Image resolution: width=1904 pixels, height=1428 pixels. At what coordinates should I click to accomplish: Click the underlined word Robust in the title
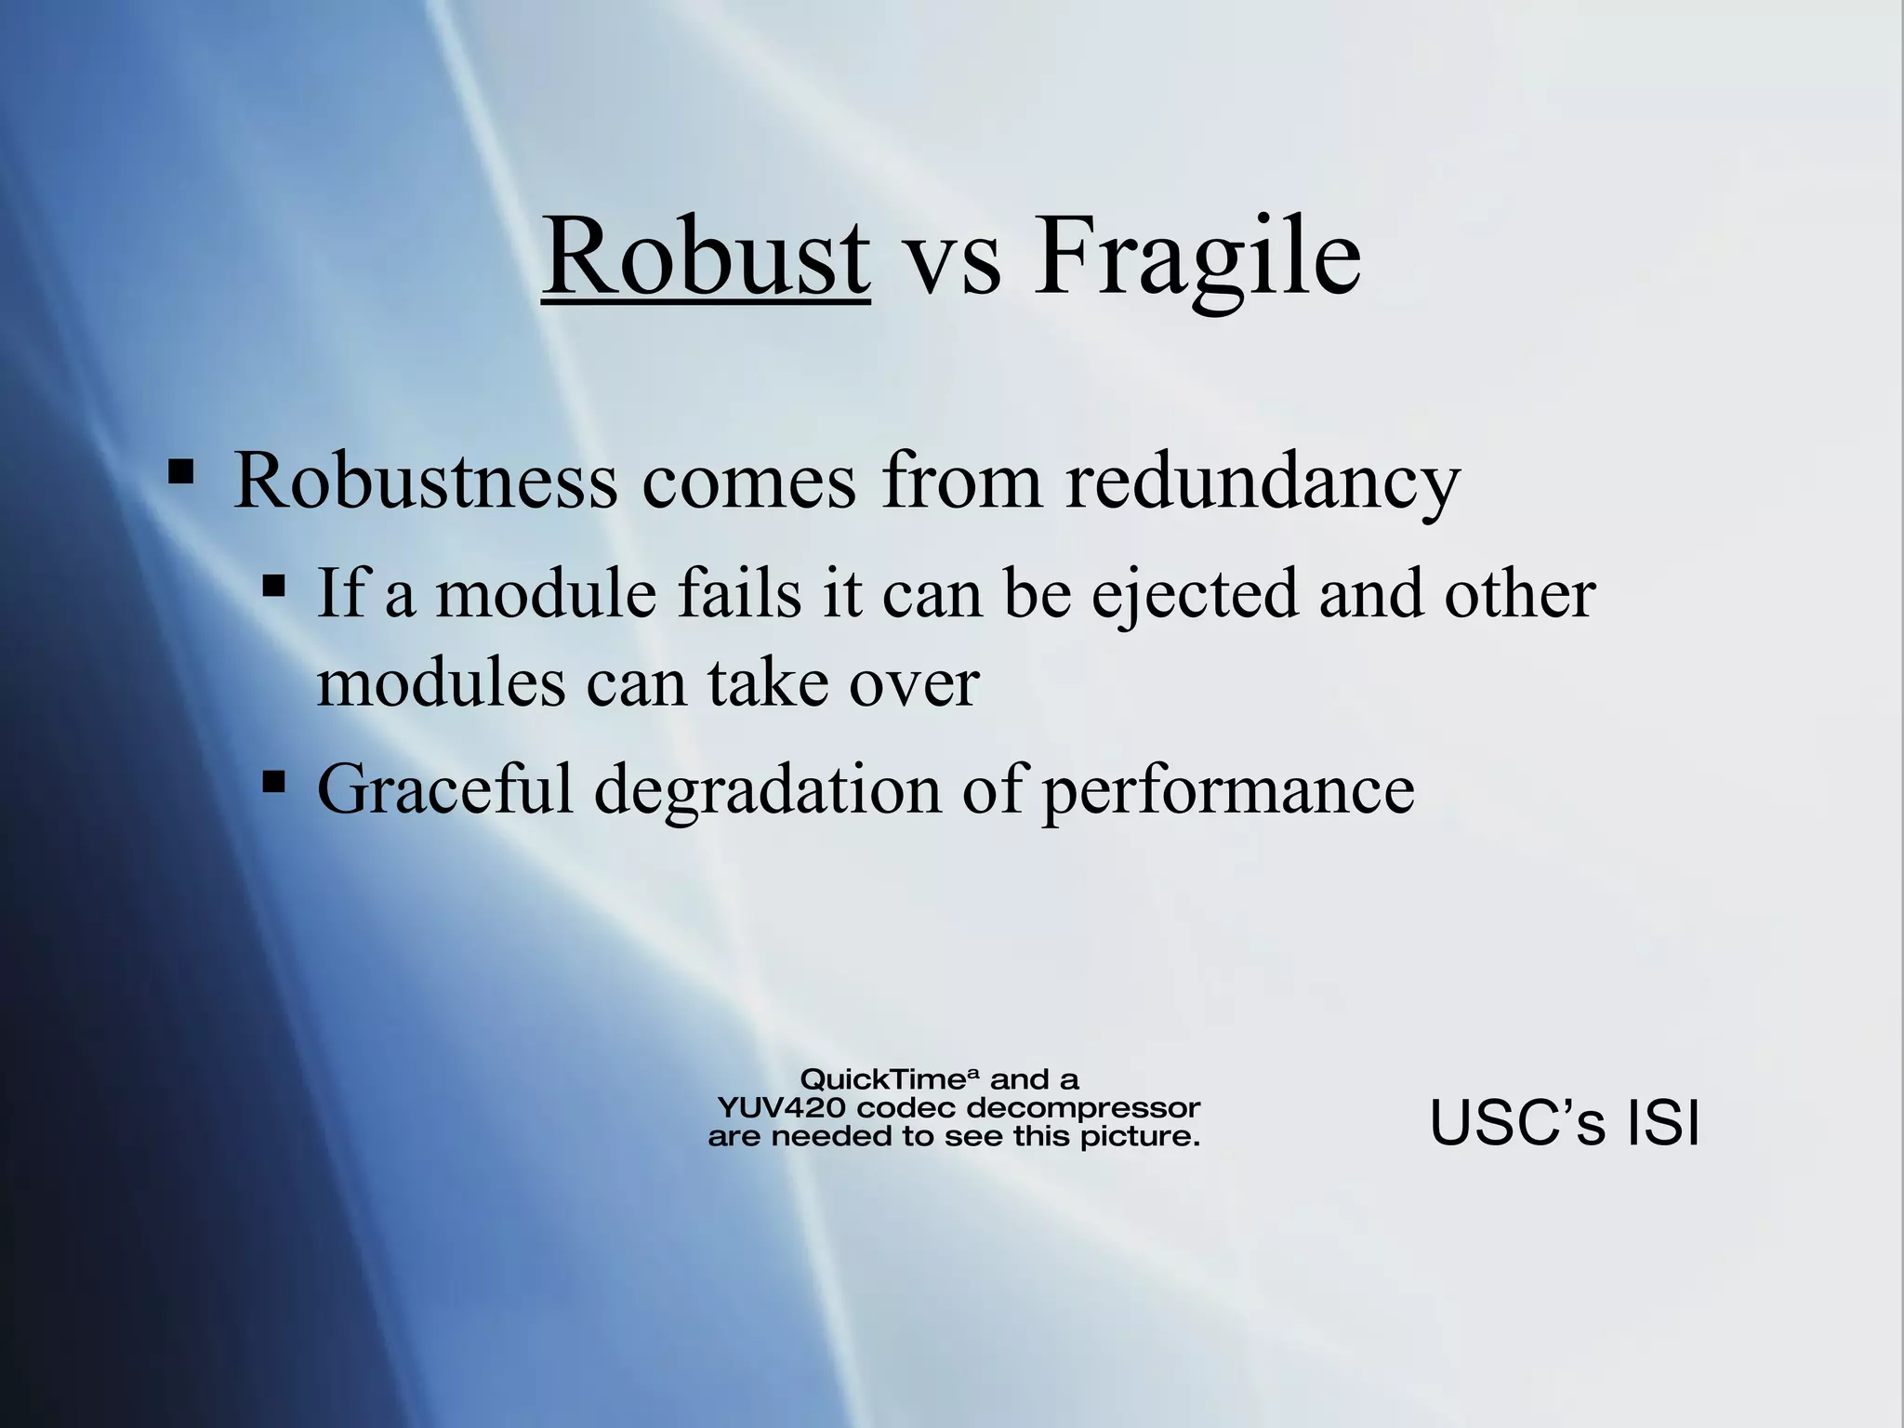pyautogui.click(x=706, y=257)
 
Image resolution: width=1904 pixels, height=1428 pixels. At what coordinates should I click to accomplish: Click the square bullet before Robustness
pyautogui.click(x=180, y=470)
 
